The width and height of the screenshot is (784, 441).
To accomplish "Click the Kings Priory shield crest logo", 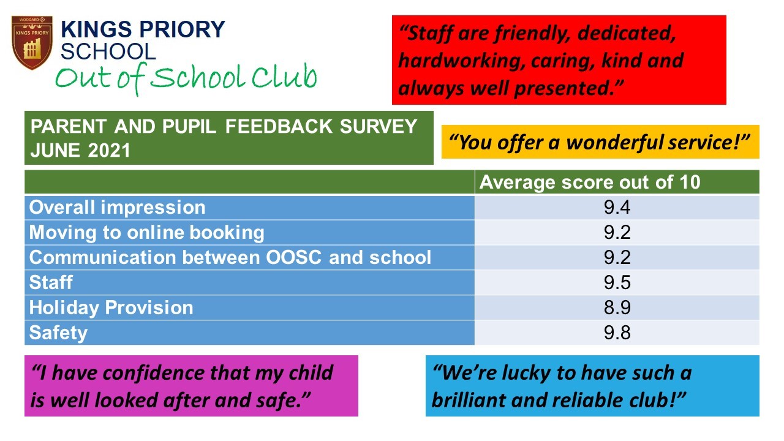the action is [x=32, y=42].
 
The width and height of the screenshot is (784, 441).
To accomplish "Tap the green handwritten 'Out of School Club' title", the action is [x=186, y=78].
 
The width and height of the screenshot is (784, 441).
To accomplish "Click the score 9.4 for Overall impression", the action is [x=617, y=207].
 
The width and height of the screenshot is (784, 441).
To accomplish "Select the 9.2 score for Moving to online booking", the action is [x=617, y=232].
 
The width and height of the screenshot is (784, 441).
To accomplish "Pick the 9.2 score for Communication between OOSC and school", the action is [x=617, y=257].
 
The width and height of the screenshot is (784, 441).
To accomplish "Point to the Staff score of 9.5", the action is [x=617, y=282].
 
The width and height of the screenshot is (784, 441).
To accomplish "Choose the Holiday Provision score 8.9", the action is [x=617, y=307].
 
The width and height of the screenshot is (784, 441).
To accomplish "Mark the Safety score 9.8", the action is [x=617, y=333].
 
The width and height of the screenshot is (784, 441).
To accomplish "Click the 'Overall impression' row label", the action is [x=117, y=207].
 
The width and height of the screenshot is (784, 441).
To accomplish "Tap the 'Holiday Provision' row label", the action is [x=111, y=308].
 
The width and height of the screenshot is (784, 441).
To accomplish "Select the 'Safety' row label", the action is [x=58, y=333].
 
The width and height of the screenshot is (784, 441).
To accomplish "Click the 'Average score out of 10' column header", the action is [x=590, y=183].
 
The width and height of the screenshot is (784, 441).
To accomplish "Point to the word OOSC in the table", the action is [x=293, y=257].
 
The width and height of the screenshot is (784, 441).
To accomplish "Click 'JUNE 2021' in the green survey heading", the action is [x=80, y=151].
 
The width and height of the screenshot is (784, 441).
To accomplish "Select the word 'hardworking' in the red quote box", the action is [x=461, y=61].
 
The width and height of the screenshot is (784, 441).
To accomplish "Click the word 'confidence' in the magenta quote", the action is [x=154, y=373].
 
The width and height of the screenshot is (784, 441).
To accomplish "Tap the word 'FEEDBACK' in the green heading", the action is [x=279, y=126].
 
